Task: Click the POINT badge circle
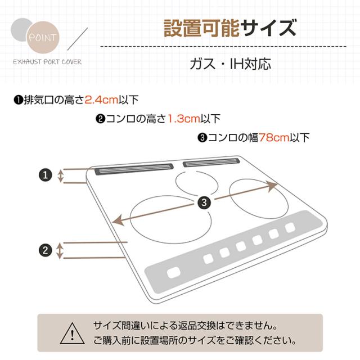tap(43, 37)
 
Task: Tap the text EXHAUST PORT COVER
tap(47, 62)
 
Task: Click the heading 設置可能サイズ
tap(229, 28)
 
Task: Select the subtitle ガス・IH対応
tap(230, 64)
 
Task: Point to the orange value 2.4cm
tap(101, 100)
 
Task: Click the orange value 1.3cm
tap(184, 119)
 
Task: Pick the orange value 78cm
tap(274, 137)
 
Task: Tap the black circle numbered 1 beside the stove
tap(46, 175)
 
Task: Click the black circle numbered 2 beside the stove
tap(46, 250)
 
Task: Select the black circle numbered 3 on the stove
tap(204, 202)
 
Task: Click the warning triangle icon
tap(73, 334)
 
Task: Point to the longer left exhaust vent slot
tap(134, 169)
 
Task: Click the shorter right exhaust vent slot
tap(211, 163)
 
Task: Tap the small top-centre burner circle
tap(196, 172)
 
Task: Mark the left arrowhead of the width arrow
tap(118, 220)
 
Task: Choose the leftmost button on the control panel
tap(174, 273)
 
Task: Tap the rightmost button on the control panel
tap(290, 227)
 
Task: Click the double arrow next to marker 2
tap(60, 250)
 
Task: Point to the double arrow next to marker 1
tap(60, 176)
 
